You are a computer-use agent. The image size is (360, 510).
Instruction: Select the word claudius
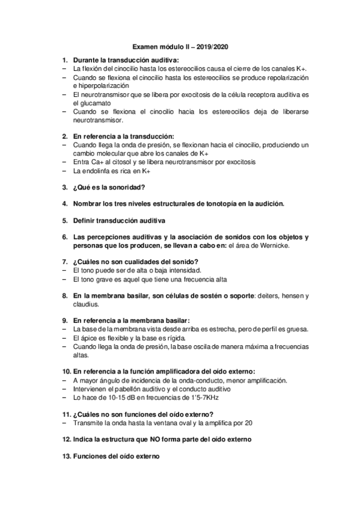[85, 304]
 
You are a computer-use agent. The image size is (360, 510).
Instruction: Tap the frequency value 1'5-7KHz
[202, 398]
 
